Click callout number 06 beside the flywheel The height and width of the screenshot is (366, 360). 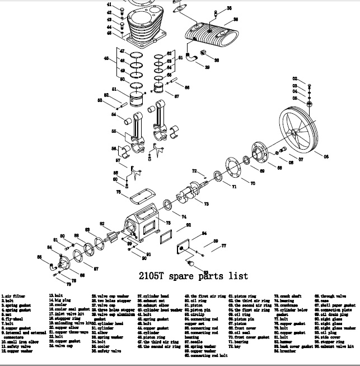326,156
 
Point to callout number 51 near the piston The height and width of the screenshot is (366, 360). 114,89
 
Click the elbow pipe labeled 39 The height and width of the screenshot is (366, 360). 191,58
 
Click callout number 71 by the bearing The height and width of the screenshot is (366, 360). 234,186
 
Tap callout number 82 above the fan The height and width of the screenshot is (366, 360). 102,224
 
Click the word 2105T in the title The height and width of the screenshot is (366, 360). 154,276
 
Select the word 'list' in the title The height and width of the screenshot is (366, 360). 239,276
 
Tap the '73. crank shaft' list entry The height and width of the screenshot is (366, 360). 288,295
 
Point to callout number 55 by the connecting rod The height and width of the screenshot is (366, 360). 114,131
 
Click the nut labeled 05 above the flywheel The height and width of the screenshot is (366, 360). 310,104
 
